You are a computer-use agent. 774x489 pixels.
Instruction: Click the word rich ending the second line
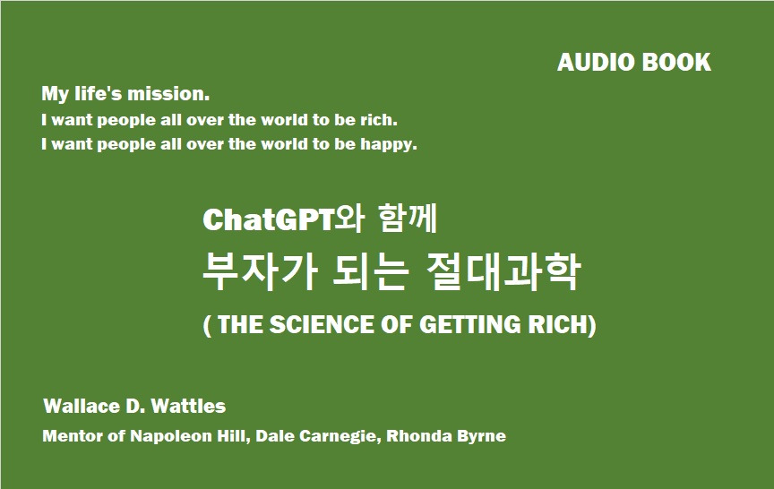pyautogui.click(x=379, y=120)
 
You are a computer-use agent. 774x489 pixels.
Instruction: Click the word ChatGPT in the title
pyautogui.click(x=269, y=219)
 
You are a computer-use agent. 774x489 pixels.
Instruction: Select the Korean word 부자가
pyautogui.click(x=259, y=272)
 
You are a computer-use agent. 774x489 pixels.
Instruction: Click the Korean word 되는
pyautogui.click(x=371, y=272)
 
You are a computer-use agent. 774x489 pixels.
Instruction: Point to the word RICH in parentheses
pyautogui.click(x=558, y=325)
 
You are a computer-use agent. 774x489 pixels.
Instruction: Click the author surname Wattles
pyautogui.click(x=188, y=406)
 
